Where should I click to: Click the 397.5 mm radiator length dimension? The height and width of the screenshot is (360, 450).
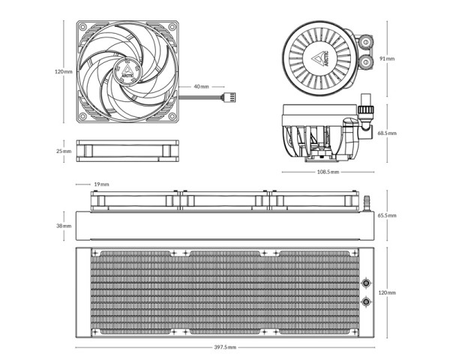tap(225, 347)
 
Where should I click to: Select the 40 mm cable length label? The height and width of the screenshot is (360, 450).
tap(202, 86)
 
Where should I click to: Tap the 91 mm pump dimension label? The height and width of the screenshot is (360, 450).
tap(387, 58)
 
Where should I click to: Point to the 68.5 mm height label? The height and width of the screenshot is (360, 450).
tap(387, 133)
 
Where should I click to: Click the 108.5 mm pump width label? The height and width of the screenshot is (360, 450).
tap(328, 172)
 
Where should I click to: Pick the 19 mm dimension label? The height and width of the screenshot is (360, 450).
tap(101, 184)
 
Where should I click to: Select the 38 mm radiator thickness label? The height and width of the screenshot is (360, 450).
tap(64, 226)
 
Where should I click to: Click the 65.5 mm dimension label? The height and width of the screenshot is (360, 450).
tap(387, 215)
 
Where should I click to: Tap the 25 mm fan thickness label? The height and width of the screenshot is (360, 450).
tap(64, 151)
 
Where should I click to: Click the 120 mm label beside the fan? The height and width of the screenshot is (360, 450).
tap(64, 71)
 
